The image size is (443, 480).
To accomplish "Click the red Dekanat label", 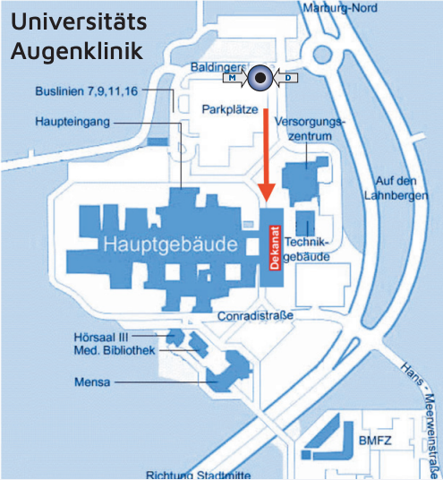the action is (275, 248).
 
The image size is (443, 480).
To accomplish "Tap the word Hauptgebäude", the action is (170, 244).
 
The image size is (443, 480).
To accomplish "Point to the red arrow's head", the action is (267, 193).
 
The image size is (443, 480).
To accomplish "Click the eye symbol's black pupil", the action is (260, 78).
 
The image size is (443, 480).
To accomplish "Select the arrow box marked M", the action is (234, 78).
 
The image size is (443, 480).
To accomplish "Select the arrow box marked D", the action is (285, 78).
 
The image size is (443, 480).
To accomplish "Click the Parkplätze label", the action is (230, 109).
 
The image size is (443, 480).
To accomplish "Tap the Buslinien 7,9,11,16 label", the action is (87, 91).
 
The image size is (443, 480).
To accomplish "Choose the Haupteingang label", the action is (72, 122).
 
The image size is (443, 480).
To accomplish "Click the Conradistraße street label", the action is (255, 316).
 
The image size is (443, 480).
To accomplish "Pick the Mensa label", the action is (92, 382).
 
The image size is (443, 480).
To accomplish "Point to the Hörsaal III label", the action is (101, 338).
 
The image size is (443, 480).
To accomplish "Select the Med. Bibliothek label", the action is (115, 350).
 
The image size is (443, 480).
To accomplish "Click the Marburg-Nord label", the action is (340, 8).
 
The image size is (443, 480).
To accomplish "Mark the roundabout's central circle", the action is (322, 56).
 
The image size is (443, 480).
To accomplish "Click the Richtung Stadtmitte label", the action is (199, 476).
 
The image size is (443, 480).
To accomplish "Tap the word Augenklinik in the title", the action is (77, 51).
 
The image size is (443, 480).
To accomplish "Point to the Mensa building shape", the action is (228, 372).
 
